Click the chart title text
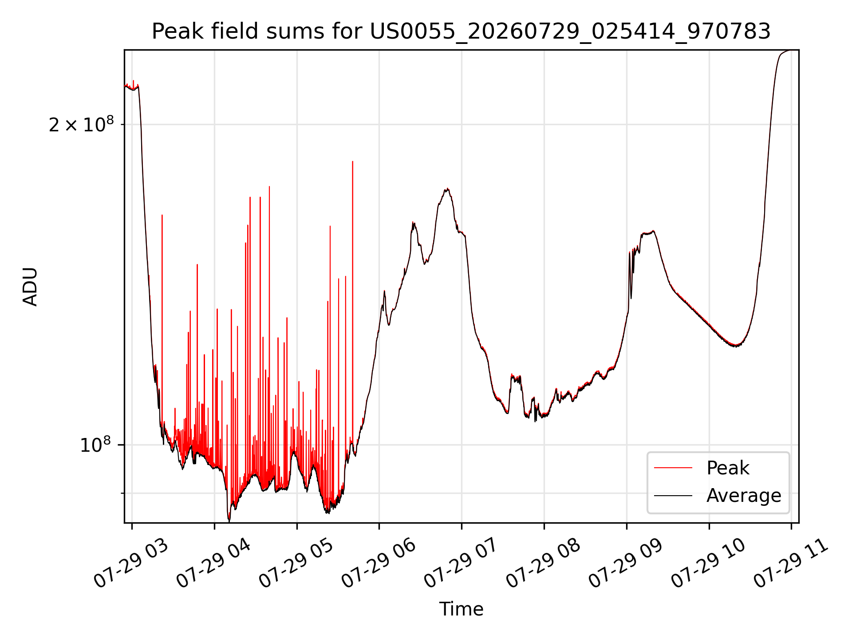[461, 31]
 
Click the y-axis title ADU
[30, 287]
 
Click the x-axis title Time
[461, 609]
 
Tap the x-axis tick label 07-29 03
[131, 564]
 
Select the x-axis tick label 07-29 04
[214, 564]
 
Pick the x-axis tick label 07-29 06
[379, 564]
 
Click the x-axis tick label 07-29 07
[461, 564]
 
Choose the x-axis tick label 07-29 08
[544, 564]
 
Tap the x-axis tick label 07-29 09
[626, 564]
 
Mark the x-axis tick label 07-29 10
[709, 564]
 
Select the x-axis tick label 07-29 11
[791, 564]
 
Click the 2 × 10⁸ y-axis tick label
[81, 125]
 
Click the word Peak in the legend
[728, 468]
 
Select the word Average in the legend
[744, 496]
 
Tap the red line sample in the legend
[673, 468]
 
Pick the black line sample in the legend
[673, 495]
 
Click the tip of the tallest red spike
[353, 162]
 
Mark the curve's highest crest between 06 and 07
[448, 189]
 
